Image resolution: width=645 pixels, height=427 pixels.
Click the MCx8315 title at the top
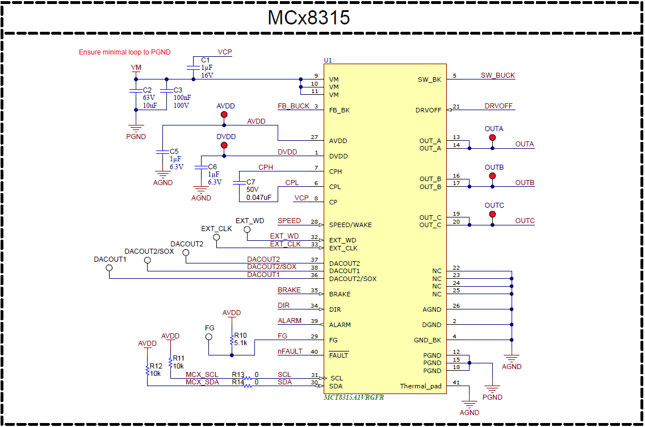[x=308, y=18]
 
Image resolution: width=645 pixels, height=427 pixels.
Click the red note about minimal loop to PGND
[x=124, y=52]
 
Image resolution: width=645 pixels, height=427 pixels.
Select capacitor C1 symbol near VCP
[x=193, y=68]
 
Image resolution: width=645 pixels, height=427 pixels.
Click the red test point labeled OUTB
[x=492, y=176]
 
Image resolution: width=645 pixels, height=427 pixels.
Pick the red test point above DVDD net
[x=224, y=145]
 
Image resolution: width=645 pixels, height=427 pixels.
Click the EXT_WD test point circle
[x=247, y=229]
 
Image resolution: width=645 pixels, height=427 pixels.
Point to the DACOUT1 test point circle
[x=110, y=268]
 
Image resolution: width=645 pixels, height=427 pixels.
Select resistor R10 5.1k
[x=232, y=340]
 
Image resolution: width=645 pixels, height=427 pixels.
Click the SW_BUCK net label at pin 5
[x=497, y=76]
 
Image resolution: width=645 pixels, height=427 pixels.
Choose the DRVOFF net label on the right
[x=499, y=106]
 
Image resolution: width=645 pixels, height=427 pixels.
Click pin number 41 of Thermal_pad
[x=456, y=383]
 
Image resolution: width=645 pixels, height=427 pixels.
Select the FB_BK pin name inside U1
[x=340, y=110]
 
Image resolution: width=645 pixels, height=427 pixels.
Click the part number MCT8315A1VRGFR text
[x=354, y=397]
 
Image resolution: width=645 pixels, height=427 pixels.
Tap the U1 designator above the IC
[x=328, y=60]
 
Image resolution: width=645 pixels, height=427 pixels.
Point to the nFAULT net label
[x=290, y=351]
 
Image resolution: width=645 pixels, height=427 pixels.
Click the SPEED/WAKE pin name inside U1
[x=350, y=225]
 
